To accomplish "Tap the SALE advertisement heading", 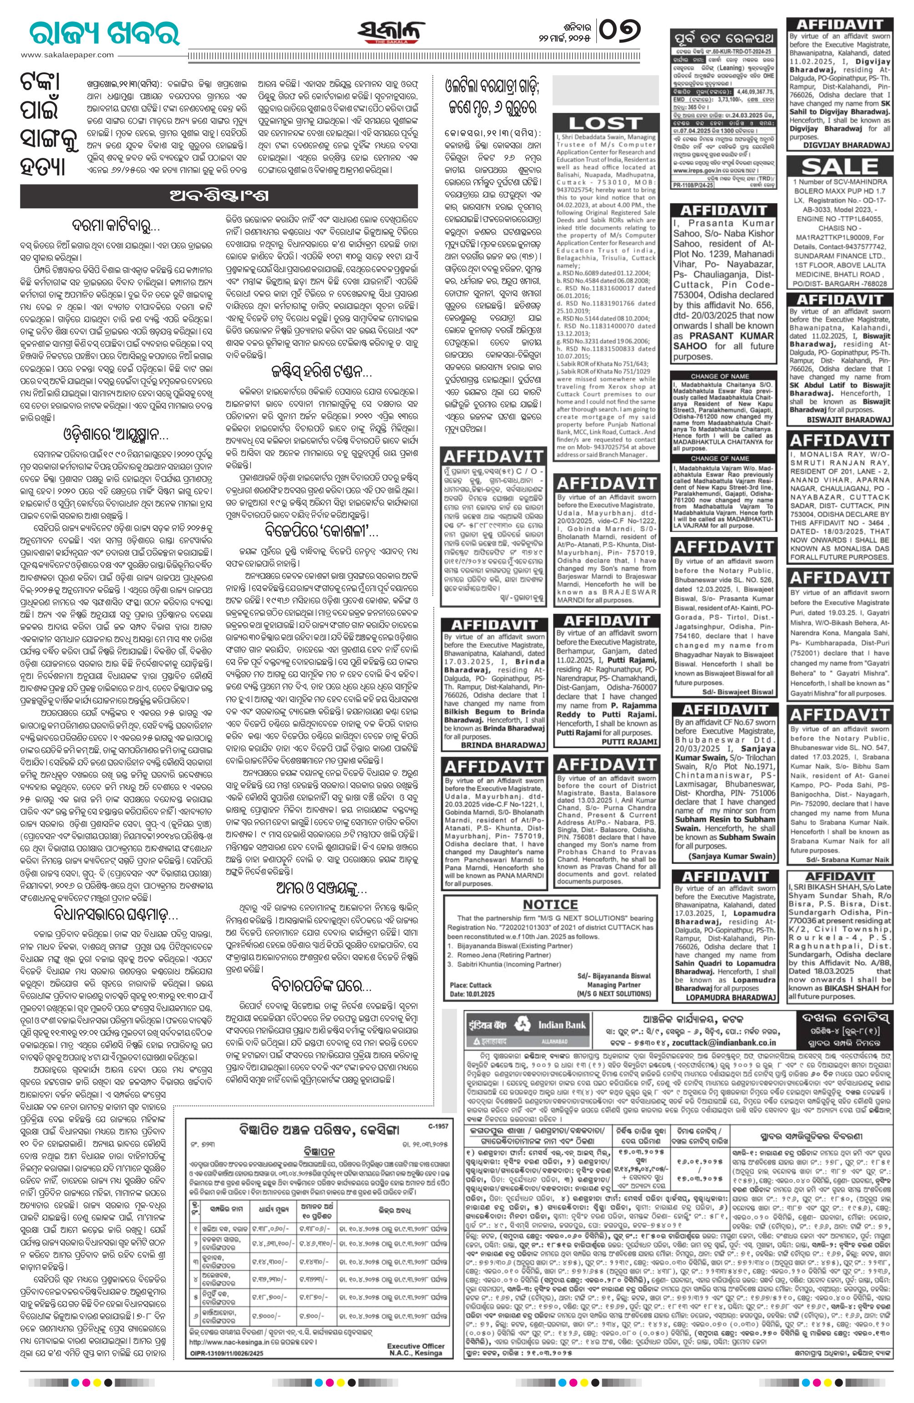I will [x=840, y=166].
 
